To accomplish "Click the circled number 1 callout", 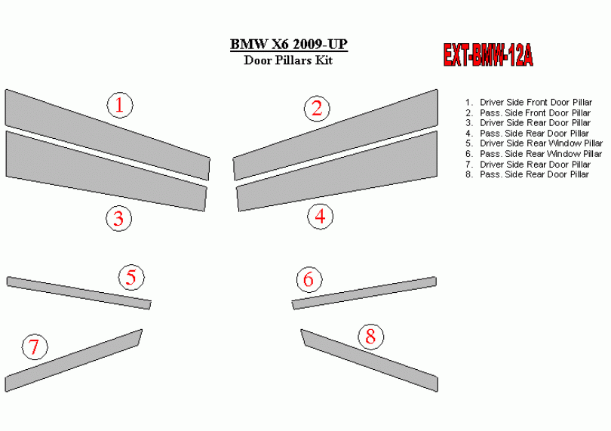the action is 120,105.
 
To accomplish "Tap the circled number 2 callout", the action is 317,109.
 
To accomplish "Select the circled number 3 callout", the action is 119,218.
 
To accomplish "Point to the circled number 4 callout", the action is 321,216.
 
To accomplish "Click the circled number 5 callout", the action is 131,277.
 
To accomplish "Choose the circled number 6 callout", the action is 309,279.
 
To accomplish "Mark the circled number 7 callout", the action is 35,346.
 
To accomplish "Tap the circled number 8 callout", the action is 370,336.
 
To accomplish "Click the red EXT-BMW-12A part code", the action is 488,55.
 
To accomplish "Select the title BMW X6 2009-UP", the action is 288,44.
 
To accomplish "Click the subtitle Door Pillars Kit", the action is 288,60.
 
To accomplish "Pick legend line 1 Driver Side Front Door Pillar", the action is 529,102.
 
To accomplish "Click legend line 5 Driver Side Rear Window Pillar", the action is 534,143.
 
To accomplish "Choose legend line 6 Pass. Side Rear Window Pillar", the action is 533,154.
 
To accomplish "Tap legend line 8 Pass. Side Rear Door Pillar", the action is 527,174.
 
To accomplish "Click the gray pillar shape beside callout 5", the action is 78,293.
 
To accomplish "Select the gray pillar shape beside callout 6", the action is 364,293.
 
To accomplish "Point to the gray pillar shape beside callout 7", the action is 73,361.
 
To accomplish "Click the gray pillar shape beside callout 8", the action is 370,360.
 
